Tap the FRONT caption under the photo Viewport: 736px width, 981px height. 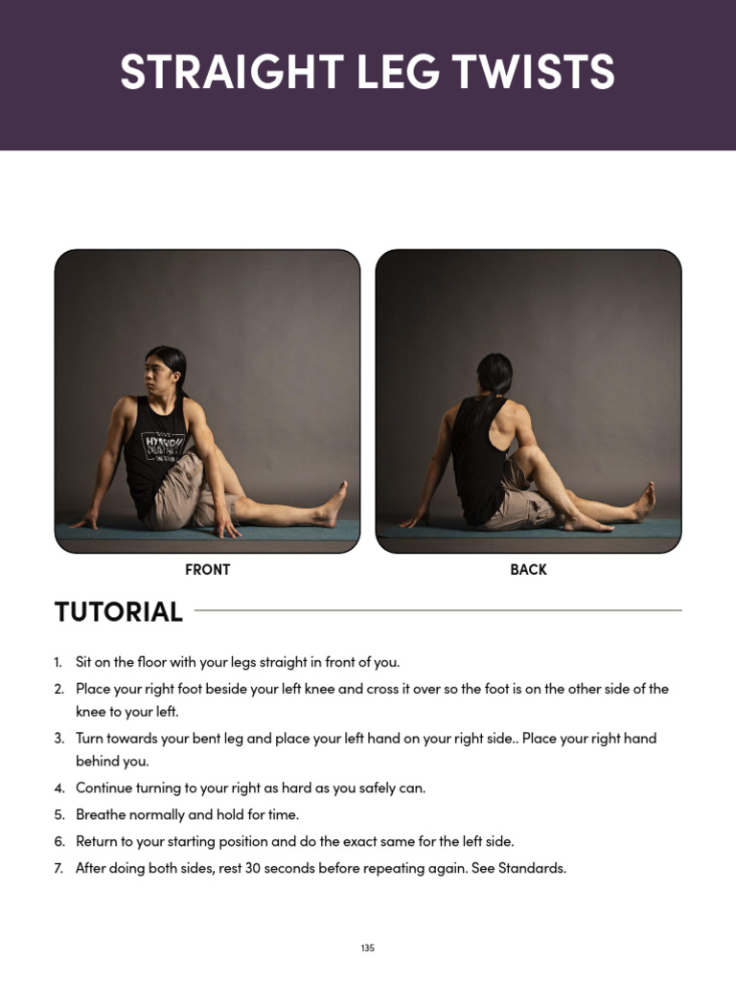tap(207, 569)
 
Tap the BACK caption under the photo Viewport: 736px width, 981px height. tap(528, 569)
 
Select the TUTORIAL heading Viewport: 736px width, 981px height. tap(119, 611)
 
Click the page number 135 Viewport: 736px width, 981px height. tap(368, 947)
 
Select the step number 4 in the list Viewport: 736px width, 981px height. tap(59, 788)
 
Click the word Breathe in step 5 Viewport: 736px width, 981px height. tap(101, 814)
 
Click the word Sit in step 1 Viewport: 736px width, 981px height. tap(85, 662)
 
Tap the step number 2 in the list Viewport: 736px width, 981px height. tap(59, 689)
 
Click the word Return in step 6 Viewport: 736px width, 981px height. tap(99, 841)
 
